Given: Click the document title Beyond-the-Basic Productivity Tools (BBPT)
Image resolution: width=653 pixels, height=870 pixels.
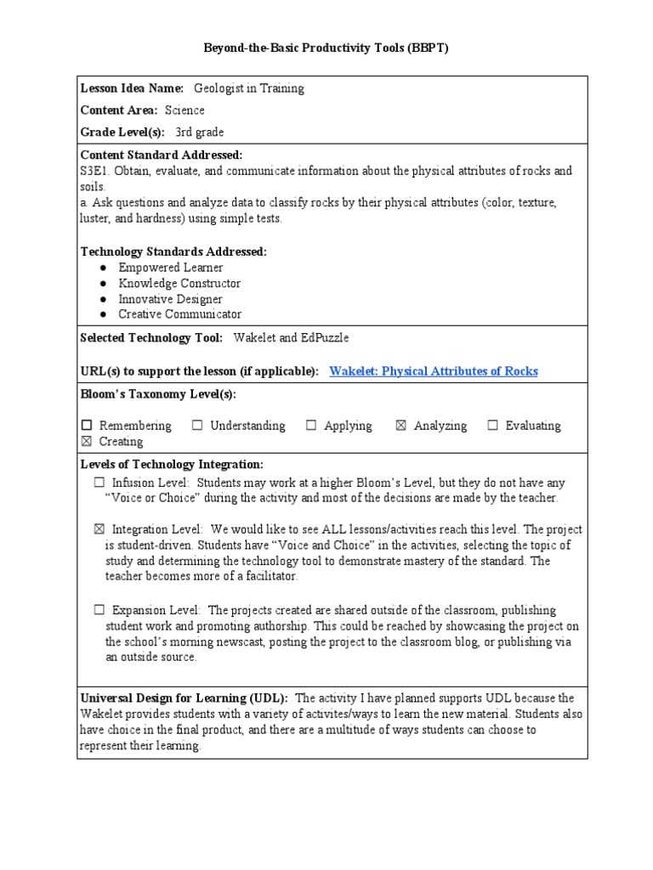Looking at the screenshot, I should click(326, 48).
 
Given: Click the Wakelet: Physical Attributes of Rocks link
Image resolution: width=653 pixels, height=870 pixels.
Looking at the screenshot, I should click(433, 371).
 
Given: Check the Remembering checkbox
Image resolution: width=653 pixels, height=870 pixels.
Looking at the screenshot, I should click(87, 426).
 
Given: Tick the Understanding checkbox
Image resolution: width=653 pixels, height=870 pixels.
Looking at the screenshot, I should click(197, 426).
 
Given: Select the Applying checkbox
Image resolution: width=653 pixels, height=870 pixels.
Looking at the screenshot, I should click(311, 426).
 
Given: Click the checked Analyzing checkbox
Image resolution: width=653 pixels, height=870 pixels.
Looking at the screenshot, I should click(401, 426).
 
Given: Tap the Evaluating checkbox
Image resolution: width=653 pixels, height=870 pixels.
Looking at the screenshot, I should click(492, 426).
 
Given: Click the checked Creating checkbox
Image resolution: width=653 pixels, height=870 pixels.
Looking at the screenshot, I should click(87, 442).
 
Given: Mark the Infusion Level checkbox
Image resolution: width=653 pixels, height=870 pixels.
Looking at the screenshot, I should click(99, 483).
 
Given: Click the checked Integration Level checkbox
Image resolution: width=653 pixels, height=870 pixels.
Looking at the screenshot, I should click(99, 529).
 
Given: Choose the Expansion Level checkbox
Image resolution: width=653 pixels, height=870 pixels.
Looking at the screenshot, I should click(99, 610).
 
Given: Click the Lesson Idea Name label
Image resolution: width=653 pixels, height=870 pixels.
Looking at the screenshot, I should click(132, 88).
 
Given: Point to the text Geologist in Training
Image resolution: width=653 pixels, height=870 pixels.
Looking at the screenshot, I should click(248, 88).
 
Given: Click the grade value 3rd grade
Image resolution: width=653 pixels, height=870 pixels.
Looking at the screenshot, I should click(200, 133).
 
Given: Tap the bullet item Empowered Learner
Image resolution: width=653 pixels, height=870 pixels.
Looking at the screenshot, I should click(171, 268).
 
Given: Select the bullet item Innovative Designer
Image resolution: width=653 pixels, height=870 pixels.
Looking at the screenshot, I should click(170, 299).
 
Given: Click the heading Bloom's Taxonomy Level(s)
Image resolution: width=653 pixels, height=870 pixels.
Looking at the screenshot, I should click(158, 394).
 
